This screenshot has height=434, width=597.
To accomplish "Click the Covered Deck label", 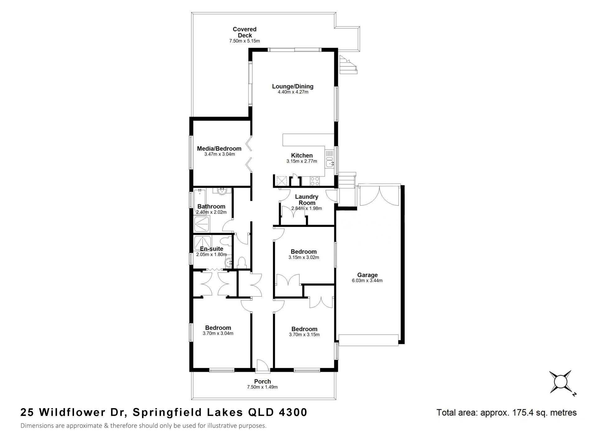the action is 245,32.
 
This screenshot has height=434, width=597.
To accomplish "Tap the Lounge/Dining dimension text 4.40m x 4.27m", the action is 293,92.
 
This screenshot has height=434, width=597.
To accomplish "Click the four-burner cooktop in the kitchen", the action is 315,181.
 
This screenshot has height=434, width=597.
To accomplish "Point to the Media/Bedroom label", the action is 219,149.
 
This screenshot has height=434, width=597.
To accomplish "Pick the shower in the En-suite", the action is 202,242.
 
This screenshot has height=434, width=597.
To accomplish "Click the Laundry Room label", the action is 307,200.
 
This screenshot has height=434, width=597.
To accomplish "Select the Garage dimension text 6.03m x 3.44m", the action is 367,280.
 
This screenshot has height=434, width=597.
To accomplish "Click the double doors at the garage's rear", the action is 379,195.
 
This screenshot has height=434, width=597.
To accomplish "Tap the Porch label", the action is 262,381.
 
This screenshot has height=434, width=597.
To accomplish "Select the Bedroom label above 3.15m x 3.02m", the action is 303,252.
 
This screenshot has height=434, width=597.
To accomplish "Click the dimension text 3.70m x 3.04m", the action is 218,333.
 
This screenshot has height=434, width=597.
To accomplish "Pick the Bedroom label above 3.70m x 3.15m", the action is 304,329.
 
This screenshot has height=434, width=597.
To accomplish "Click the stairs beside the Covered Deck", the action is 348,64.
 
